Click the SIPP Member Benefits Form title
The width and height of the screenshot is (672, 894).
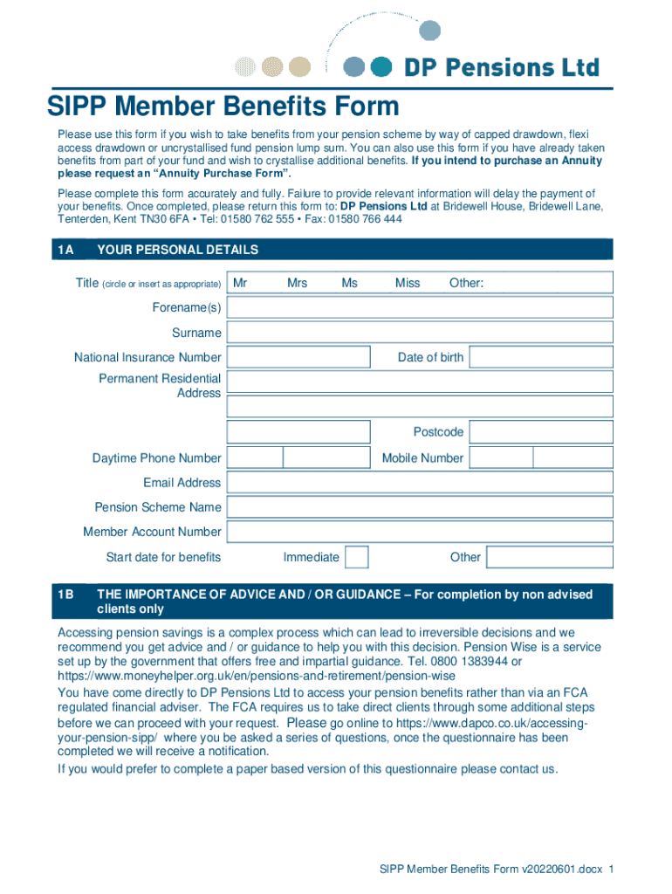[x=223, y=107]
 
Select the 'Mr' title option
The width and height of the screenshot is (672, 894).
[x=240, y=283]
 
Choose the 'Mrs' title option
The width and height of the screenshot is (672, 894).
[x=297, y=283]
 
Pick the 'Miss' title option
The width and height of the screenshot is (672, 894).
[x=407, y=283]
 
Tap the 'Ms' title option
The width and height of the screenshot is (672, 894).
[x=349, y=283]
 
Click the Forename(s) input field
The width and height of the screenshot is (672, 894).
[x=420, y=307]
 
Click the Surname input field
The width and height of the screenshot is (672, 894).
[x=420, y=333]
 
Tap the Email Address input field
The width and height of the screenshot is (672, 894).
[x=420, y=483]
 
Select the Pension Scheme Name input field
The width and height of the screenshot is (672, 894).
[x=420, y=507]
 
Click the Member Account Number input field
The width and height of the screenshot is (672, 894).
[x=420, y=532]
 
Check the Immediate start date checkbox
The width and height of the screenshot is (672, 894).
[x=356, y=557]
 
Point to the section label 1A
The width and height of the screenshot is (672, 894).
[x=65, y=250]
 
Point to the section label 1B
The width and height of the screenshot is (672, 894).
[x=65, y=595]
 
